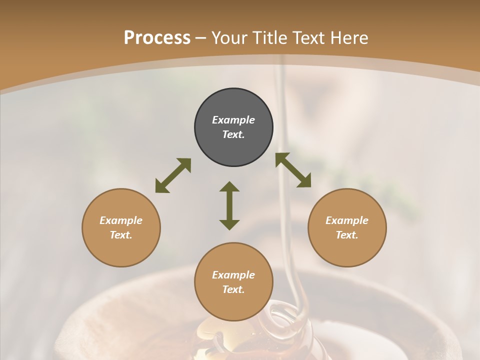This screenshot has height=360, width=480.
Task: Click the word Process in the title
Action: [x=157, y=38]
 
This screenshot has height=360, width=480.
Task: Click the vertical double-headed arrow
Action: [x=229, y=205]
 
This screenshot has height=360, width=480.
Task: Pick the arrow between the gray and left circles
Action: [x=173, y=175]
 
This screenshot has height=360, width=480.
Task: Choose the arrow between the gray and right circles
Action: [x=293, y=170]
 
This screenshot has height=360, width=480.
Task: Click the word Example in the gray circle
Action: [x=233, y=120]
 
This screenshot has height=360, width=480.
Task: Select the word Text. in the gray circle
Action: [x=233, y=134]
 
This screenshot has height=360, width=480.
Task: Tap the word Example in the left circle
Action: [x=121, y=220]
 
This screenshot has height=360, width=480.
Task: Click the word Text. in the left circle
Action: [x=121, y=235]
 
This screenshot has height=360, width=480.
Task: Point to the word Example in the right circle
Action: [x=347, y=220]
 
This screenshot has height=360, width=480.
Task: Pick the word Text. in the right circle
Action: [x=347, y=235]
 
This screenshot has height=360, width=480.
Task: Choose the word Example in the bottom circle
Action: [x=233, y=275]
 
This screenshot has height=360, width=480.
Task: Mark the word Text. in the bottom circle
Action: [x=233, y=289]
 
